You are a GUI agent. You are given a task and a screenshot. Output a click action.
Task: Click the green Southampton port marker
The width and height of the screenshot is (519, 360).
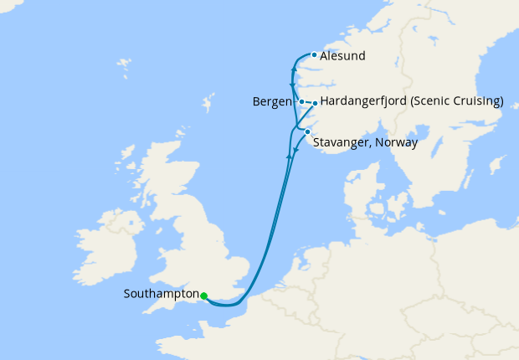pyautogui.click(x=204, y=295)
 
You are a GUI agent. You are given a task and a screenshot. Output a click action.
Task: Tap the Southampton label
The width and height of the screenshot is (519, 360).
pyautogui.click(x=160, y=294)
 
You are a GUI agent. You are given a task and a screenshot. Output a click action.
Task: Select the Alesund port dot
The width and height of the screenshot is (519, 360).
pyautogui.click(x=314, y=55)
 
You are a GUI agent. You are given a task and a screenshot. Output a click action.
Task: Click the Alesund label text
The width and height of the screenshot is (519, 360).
pyautogui.click(x=343, y=56)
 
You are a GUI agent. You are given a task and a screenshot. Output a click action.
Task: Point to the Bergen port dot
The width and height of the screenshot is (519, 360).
pyautogui.click(x=301, y=102)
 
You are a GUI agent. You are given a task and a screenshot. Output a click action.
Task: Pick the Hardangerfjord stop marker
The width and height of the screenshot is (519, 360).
pyautogui.click(x=315, y=103)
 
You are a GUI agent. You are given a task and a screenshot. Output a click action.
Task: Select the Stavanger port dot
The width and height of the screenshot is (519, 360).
pyautogui.click(x=307, y=131)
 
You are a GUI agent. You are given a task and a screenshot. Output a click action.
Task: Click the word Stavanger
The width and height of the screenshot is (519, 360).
pyautogui.click(x=342, y=142)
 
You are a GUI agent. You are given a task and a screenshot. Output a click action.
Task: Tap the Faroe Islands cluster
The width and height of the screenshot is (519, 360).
pyautogui.click(x=124, y=64)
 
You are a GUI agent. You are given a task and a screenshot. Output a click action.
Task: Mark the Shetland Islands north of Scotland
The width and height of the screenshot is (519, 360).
pyautogui.click(x=207, y=105)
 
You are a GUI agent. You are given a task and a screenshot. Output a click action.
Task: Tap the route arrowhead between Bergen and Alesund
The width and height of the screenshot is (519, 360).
pyautogui.click(x=292, y=86)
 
